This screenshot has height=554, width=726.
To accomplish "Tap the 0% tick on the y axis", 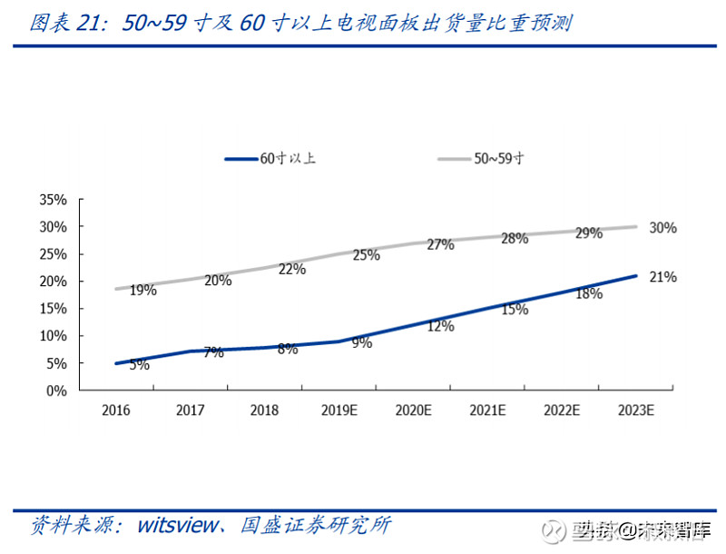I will coord(57,391).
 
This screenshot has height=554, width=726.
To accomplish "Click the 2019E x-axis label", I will coord(339,411).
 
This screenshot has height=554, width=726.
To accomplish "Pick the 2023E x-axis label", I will coord(635,411).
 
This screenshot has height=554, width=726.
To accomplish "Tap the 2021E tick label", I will coord(487,411).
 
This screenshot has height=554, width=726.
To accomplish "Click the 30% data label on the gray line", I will coord(662,228).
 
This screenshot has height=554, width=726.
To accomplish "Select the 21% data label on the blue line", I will coord(662,277).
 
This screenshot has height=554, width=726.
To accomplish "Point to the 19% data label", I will coord(142,291).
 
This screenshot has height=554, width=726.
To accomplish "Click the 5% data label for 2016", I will coord(138,365).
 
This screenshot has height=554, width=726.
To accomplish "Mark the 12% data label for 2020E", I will coord(440,326).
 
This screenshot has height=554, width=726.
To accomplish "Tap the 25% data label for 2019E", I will coord(366,255).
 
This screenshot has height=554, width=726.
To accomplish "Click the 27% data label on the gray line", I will coord(440,244).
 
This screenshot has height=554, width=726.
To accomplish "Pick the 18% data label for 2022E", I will coord(589,293).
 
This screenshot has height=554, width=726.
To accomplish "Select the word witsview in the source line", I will coord(177,525).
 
